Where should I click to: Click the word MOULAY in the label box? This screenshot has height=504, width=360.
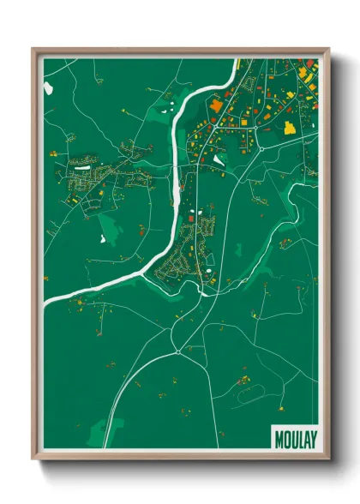[x=297, y=438]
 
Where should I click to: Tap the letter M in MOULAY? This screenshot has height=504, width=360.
[x=279, y=438]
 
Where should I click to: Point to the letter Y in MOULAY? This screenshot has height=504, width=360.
[x=314, y=438]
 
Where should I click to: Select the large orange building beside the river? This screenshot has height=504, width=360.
[x=216, y=105]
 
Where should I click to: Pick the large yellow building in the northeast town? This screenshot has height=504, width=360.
[x=290, y=128]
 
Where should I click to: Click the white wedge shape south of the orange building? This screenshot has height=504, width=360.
[x=219, y=159]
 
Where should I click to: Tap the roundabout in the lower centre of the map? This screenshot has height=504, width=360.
[x=177, y=352]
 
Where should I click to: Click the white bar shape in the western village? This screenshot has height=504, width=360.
[x=82, y=169]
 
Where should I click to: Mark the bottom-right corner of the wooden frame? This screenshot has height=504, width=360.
[x=328, y=458]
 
